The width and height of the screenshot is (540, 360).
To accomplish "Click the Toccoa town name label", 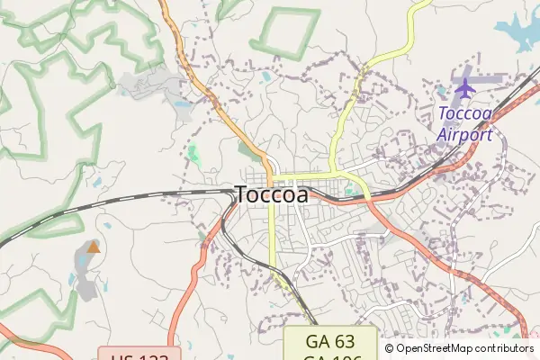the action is point(272,194).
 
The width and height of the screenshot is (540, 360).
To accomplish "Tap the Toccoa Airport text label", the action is point(465,124).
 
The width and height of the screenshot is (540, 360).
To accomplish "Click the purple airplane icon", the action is point(464,88).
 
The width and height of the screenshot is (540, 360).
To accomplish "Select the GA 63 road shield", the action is point(330,343).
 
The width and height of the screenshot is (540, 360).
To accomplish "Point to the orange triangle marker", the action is point(94,246).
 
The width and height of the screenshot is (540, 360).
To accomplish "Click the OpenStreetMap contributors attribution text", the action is point(465,348).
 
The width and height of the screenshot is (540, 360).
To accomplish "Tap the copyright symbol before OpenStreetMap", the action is point(390,348).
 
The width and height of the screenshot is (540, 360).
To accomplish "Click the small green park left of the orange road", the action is point(193,153).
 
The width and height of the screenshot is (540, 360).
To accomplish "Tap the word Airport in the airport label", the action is point(465,135).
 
